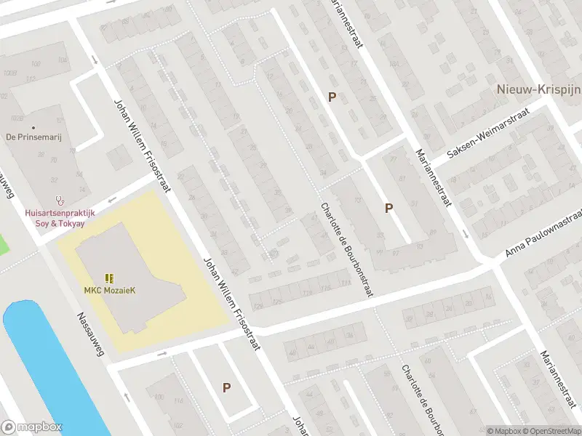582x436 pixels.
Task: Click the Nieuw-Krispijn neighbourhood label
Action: [536, 89]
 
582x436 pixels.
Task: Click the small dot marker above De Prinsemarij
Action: [11, 128]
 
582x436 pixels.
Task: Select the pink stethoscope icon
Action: [60, 200]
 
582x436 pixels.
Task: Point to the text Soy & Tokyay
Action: [60, 223]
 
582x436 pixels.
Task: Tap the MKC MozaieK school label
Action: [109, 291]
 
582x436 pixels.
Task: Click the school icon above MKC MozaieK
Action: [109, 278]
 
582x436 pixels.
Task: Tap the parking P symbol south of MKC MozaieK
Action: [227, 388]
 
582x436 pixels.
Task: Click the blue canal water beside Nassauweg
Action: [44, 363]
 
